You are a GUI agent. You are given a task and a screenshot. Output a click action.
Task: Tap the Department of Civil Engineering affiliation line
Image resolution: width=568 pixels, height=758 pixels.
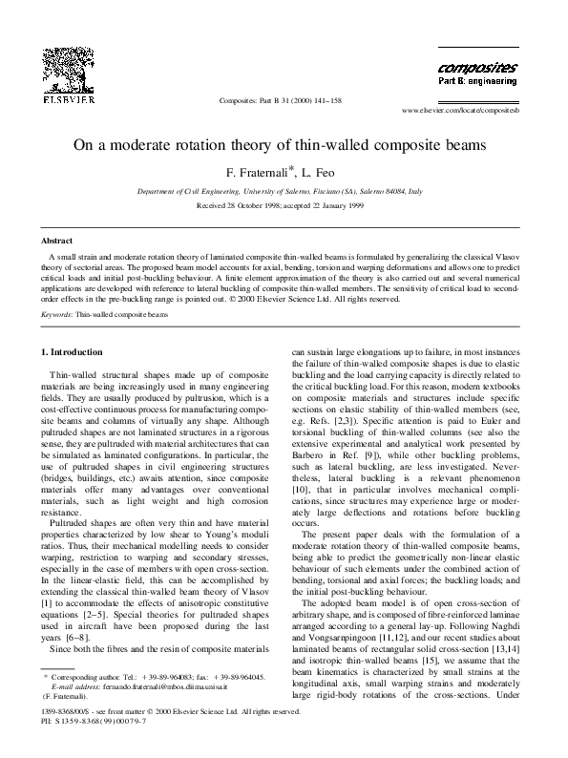[284, 192]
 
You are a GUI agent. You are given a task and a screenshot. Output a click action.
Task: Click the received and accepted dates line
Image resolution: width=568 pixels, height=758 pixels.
[284, 205]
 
